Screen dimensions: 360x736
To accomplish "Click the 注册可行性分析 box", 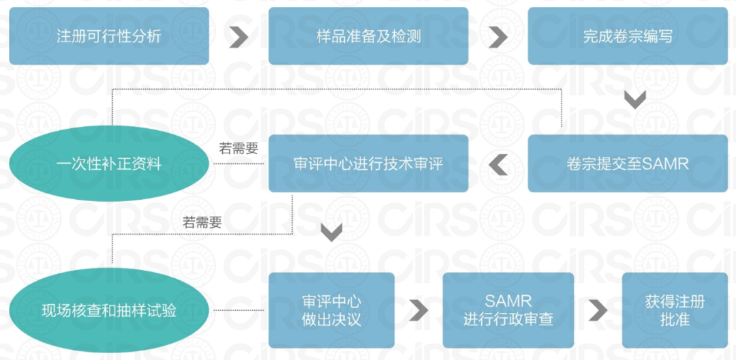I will point(109,36).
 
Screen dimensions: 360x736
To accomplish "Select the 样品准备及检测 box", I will point(368,36).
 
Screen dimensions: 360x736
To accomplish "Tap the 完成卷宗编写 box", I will point(628,36).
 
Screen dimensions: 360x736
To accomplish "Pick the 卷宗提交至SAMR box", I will point(628,163).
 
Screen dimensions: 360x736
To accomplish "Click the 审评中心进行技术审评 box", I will point(368,163).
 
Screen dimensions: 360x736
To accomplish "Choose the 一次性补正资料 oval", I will point(109,163).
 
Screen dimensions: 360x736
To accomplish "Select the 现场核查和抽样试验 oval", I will point(109,310).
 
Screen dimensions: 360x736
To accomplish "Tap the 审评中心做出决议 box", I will point(331,310).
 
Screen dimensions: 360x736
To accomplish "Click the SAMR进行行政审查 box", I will point(508,310).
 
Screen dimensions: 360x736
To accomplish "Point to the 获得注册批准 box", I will point(675,310).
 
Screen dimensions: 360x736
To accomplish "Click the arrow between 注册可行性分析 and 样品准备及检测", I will point(239,37).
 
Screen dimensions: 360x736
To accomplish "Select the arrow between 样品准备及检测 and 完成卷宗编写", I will point(498,37).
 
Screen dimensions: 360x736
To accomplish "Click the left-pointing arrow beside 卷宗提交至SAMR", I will point(498,164).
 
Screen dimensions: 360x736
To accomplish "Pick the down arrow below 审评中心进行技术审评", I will point(331,232).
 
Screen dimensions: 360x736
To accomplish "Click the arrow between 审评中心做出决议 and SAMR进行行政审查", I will point(418,310).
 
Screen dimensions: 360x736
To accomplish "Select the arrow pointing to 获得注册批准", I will point(598,310).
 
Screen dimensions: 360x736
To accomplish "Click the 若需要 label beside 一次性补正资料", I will point(239,148).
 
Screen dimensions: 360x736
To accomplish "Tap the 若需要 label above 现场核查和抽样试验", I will point(202,222).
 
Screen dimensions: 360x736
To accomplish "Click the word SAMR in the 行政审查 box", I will point(508,301).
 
